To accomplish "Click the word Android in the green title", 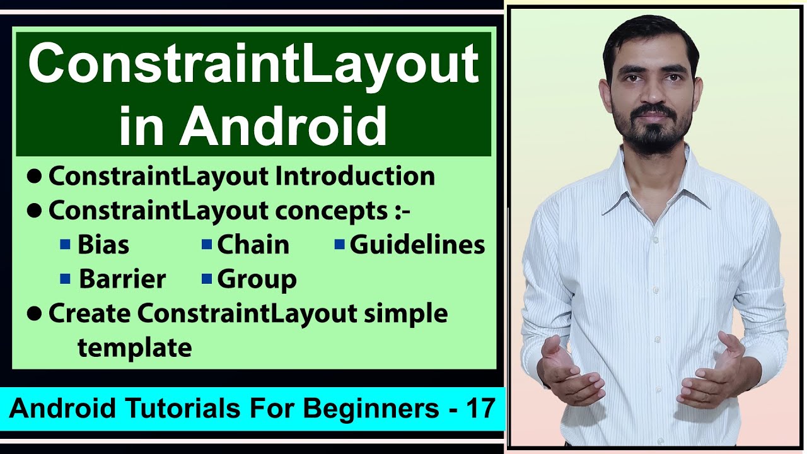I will coord(283,126).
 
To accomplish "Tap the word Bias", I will coord(103,245).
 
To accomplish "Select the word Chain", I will coord(253,245).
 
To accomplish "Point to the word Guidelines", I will coord(417,245).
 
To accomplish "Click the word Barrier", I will coord(122,279).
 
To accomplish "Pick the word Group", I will coord(257,279).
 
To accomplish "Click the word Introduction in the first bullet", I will coord(355,177).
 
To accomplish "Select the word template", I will coord(134,347).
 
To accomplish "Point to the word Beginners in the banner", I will coord(371,409).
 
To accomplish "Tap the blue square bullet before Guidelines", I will coord(340,244).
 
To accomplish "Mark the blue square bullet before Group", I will coord(207,279).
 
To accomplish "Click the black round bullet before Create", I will coord(34,314).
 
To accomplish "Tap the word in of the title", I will coord(146,126).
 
